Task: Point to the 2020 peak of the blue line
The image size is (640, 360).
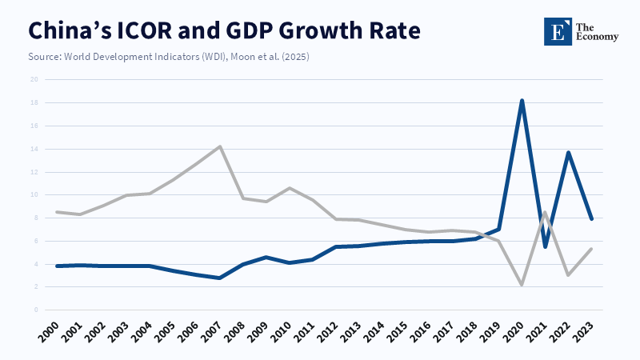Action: point(522,101)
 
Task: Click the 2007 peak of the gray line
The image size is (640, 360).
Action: point(219,146)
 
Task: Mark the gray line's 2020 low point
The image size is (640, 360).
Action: point(522,285)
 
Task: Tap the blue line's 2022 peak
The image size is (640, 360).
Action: point(568,152)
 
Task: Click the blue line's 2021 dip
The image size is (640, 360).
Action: point(545,246)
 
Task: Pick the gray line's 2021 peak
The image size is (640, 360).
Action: point(545,212)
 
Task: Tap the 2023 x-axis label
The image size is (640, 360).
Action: point(586,335)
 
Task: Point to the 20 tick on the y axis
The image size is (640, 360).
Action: point(34,79)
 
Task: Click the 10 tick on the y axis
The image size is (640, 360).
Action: point(34,194)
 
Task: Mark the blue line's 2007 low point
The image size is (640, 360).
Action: point(219,278)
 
